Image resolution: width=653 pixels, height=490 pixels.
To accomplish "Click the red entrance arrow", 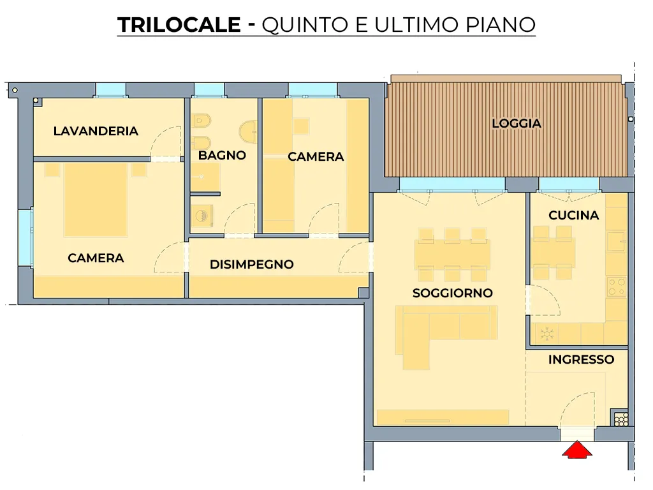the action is coord(576,450).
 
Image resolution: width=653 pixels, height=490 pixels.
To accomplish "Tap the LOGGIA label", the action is coord(517,123).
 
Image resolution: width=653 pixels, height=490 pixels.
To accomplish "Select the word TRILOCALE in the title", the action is coord(179,25).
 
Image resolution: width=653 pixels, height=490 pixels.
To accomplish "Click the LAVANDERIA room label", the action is coord(96,131).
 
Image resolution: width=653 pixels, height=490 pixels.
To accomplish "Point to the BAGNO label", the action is coord(222,156).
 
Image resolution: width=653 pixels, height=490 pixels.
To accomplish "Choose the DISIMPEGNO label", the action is coord(251,264).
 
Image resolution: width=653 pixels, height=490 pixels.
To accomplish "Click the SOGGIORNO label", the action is coord(453,293).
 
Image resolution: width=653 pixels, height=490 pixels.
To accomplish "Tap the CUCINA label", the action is coord(573,216).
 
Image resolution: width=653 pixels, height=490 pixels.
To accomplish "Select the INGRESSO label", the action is coord(581,360).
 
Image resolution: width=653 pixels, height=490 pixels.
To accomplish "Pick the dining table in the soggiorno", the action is coord(452,255).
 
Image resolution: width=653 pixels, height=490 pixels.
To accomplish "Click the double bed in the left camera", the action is coord(96,200).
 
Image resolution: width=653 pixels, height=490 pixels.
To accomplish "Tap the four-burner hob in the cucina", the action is coord(617,287).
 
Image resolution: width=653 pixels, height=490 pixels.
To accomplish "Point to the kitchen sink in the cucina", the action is coord(617,242).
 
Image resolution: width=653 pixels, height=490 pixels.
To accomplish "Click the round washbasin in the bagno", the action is coord(249,131).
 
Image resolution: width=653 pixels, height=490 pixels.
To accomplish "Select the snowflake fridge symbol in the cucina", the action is coord(547,334).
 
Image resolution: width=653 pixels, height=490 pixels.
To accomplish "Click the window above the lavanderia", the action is coord(111,90).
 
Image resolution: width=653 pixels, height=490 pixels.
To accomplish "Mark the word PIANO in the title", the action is coord(500,25).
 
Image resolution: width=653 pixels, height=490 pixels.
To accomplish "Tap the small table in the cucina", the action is coord(554,253).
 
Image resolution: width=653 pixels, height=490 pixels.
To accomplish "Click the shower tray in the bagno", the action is coord(205,177).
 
